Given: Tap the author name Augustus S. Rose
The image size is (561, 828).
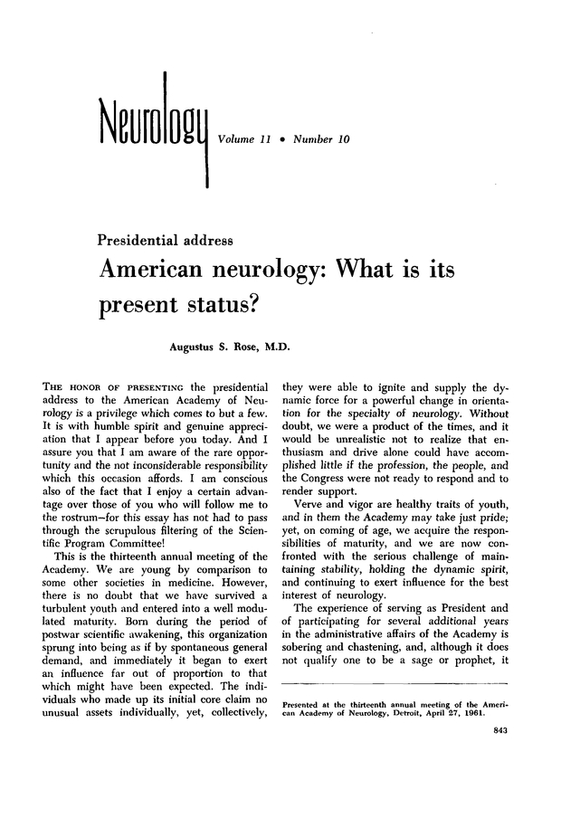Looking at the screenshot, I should (210, 345).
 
